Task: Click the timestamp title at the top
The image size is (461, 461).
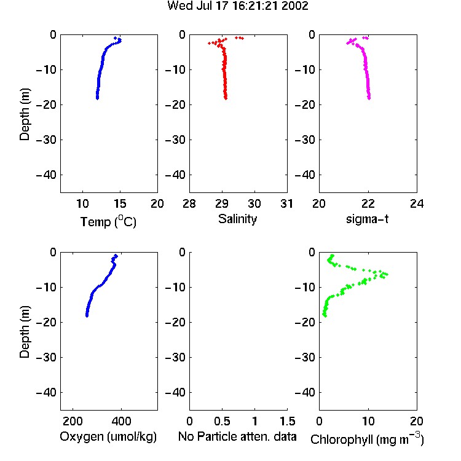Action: (238, 6)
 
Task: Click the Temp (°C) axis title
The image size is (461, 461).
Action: (108, 221)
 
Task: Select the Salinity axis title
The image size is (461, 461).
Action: (237, 219)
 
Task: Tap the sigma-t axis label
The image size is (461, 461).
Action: (367, 219)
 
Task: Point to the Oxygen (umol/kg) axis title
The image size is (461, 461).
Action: (108, 436)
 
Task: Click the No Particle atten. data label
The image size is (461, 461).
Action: (237, 436)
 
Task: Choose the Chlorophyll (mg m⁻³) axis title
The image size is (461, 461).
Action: (367, 439)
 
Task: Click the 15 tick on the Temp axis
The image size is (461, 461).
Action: (120, 203)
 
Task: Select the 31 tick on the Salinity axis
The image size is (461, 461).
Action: (286, 203)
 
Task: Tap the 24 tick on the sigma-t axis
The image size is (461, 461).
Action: (417, 203)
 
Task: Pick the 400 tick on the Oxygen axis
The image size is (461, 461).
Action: (121, 421)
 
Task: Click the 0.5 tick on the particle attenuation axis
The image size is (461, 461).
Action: (222, 421)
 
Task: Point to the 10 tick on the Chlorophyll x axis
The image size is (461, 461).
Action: (368, 421)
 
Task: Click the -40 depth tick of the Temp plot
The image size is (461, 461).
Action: (46, 175)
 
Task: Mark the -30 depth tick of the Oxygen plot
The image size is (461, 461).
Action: (46, 357)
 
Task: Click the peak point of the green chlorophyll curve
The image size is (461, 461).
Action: (387, 274)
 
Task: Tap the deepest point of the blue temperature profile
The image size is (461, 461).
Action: (97, 98)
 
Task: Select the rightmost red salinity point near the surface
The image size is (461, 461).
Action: (242, 38)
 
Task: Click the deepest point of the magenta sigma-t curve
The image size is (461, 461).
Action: (369, 98)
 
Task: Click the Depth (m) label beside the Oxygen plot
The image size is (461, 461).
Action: (25, 332)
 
